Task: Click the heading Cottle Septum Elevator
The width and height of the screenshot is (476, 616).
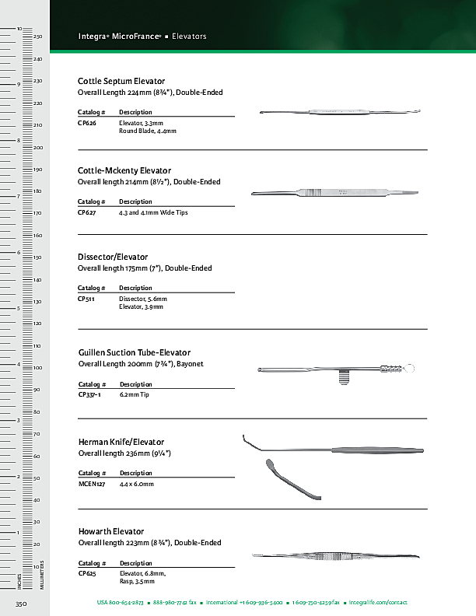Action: coord(121,81)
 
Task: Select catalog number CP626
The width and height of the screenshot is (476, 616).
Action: coord(87,123)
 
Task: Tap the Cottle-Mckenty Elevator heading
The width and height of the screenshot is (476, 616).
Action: coord(124,170)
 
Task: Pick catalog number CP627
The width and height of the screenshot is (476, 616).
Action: coord(87,212)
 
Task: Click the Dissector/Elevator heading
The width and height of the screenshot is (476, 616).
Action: coord(113,257)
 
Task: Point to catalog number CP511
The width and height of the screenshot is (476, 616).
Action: coord(86,299)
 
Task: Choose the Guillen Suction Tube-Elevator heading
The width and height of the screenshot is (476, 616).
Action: coord(135,352)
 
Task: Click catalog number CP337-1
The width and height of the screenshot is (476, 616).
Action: coord(89,394)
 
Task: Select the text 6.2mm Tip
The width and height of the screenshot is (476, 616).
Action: coord(134,394)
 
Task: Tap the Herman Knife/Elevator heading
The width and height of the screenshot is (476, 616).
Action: coord(121,442)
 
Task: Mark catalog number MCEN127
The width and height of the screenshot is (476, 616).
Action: coord(92,484)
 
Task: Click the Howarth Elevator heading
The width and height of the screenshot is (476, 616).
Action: coord(111,531)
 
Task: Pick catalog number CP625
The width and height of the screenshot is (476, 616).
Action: coord(87,573)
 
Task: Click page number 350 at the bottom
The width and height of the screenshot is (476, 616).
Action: coord(22,603)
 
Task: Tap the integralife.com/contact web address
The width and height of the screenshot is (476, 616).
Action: coord(378,603)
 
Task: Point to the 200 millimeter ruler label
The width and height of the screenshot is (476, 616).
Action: coord(37,147)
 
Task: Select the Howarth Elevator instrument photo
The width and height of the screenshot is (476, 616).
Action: coord(335,556)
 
